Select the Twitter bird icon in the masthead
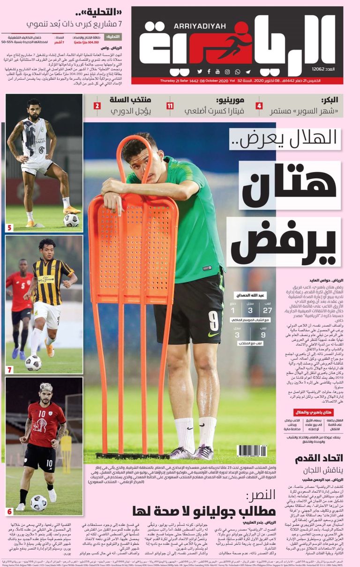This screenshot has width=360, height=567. (x=199, y=72)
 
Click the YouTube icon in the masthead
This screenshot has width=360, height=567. (x=217, y=72)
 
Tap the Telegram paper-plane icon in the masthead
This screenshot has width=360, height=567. (x=248, y=72)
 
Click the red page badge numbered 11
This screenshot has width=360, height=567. (x=170, y=106)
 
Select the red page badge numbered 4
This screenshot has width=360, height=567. (x=259, y=106)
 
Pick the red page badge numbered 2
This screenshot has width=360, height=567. (x=97, y=106)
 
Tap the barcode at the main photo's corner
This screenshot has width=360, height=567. (x=252, y=451)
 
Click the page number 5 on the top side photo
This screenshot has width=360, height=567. (x=10, y=228)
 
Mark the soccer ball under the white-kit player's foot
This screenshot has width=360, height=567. (x=71, y=220)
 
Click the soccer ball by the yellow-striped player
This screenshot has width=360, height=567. (x=33, y=362)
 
